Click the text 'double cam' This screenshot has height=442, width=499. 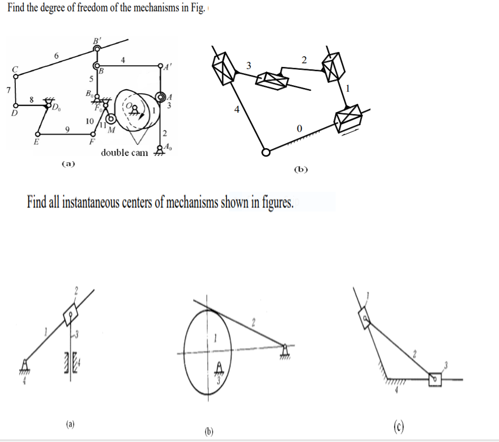click(124, 153)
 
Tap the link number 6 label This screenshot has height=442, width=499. click(56, 55)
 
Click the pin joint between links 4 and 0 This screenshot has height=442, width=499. click(266, 151)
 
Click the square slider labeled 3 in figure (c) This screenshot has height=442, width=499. click(434, 378)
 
